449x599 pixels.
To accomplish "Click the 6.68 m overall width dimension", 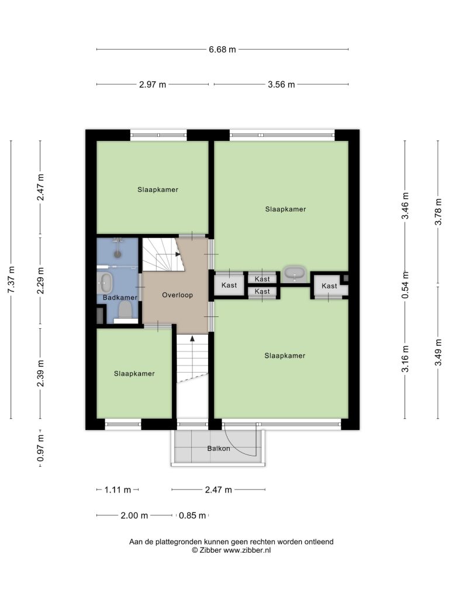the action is click(x=222, y=50).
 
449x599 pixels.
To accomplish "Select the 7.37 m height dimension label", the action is click(x=12, y=280).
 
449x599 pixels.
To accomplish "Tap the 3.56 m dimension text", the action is click(x=281, y=84).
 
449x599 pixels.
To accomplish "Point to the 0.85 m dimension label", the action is click(x=192, y=515).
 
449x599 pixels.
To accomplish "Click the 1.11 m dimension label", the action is click(x=118, y=490).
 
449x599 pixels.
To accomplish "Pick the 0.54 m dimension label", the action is click(x=406, y=285).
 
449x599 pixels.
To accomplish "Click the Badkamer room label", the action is click(x=120, y=298).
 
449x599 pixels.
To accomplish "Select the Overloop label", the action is click(x=177, y=295).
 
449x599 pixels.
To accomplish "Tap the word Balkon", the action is click(x=219, y=449).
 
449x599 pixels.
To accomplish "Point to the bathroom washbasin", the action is click(x=104, y=283).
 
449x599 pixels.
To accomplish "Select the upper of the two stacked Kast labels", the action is click(x=263, y=279).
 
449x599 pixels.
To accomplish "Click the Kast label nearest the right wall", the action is click(x=329, y=285).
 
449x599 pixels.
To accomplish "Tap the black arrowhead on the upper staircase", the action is click(x=178, y=254).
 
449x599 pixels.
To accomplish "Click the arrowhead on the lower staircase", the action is click(x=192, y=338).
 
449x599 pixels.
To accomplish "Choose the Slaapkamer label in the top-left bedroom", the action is click(x=158, y=190).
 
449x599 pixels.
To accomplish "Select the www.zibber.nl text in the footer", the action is click(x=247, y=550).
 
